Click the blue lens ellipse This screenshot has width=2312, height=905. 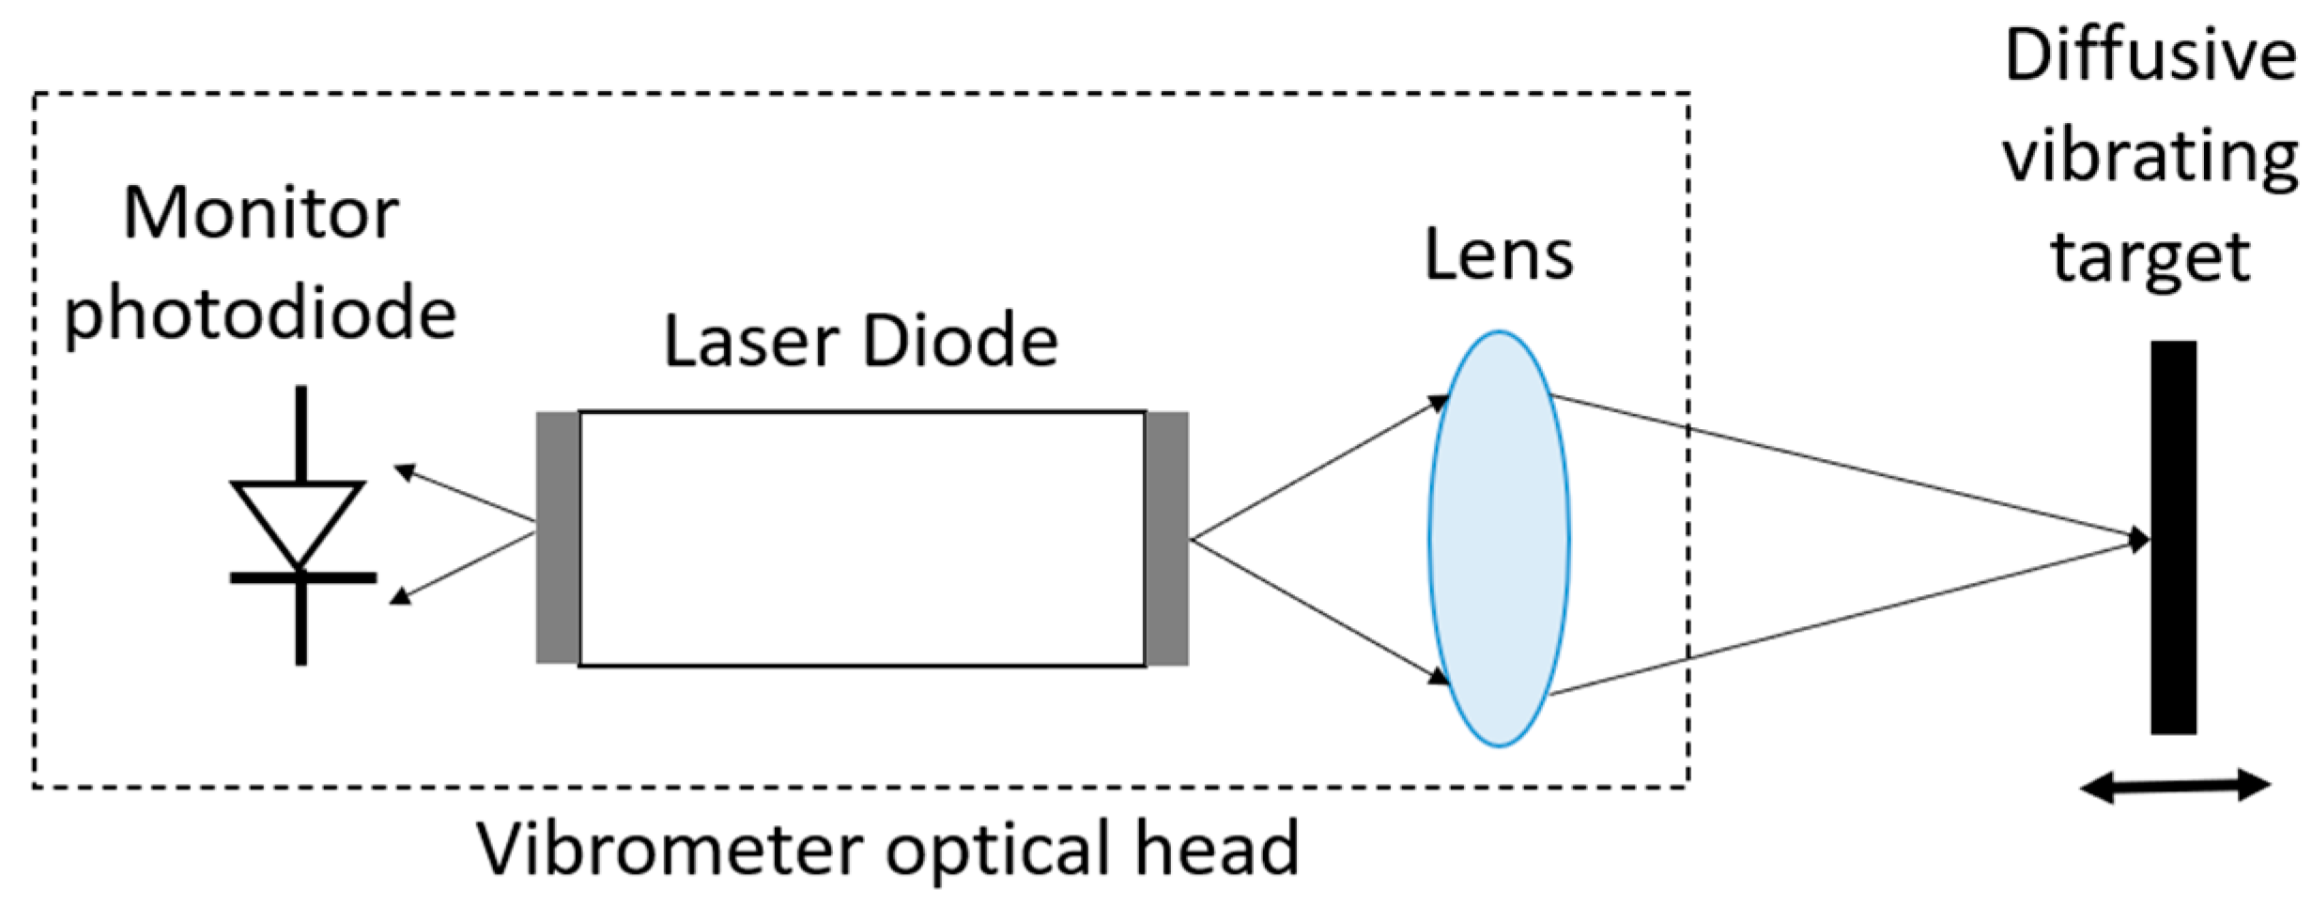1499,539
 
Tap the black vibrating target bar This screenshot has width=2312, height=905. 2173,537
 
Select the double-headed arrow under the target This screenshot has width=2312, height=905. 2175,786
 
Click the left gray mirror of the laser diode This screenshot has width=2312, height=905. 557,538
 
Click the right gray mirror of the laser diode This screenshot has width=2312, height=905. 1167,538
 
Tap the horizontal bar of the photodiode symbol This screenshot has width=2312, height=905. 302,578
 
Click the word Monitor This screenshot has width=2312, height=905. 261,214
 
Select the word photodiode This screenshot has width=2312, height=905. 260,314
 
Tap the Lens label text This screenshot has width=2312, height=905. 1499,254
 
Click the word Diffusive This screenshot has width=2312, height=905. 2150,56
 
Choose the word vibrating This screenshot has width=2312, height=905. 2150,158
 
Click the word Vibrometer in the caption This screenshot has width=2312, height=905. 671,850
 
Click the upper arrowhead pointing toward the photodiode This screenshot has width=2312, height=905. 405,471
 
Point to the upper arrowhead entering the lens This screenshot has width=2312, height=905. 1438,403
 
